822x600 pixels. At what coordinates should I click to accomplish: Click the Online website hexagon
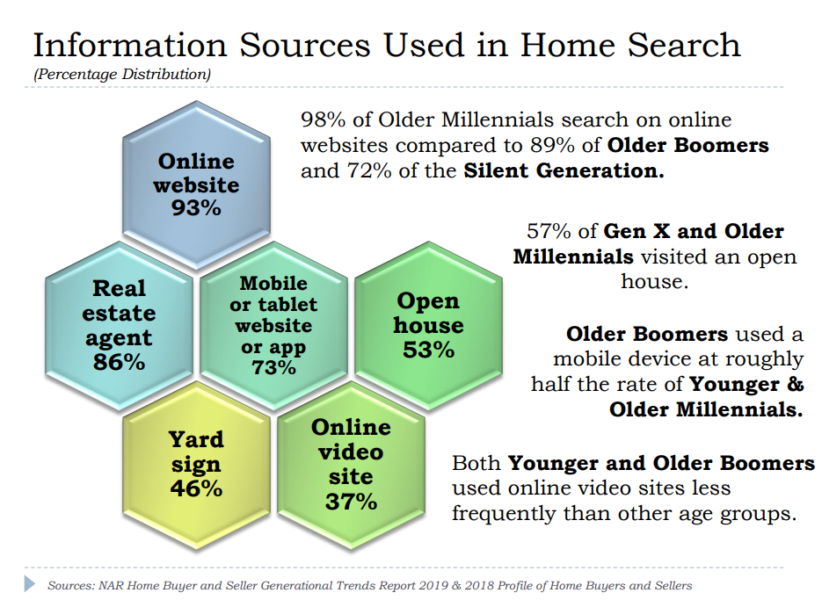click(197, 185)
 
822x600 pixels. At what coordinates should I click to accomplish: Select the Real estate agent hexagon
click(119, 325)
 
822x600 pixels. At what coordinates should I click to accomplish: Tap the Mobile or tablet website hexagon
click(273, 325)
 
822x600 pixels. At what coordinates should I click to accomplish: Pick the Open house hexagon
click(428, 325)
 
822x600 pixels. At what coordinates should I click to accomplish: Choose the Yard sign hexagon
click(197, 466)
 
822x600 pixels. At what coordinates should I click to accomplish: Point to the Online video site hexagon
click(352, 466)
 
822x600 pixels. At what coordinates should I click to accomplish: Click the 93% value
click(196, 208)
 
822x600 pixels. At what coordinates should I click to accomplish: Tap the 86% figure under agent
click(119, 362)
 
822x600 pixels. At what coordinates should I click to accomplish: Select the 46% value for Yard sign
click(196, 488)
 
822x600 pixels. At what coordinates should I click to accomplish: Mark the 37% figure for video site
click(351, 502)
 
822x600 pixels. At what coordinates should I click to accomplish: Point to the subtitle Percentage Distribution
click(122, 74)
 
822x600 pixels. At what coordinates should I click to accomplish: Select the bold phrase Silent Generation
click(564, 170)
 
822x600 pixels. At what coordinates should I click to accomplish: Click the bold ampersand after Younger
click(795, 384)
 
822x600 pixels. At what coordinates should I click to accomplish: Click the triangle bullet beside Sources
click(30, 584)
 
